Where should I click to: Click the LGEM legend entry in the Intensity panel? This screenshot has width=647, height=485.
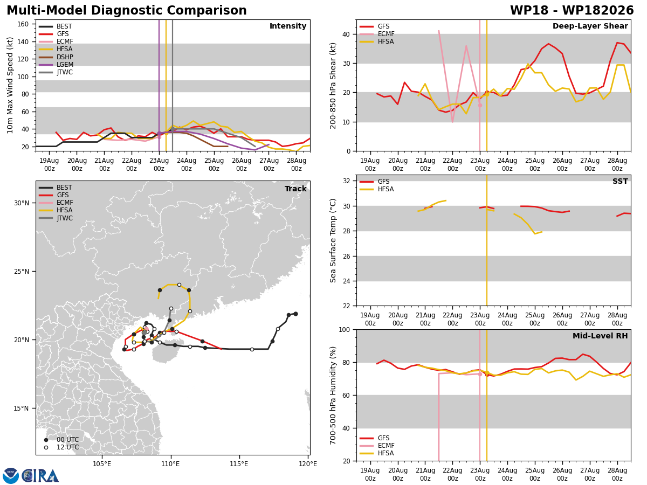coord(56,65)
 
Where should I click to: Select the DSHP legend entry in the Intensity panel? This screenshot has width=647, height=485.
coord(56,57)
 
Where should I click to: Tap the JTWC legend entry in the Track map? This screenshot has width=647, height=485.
coord(56,218)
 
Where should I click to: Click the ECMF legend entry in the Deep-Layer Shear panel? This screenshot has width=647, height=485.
coord(377,34)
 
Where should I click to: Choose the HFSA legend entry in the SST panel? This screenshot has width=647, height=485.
coord(377,189)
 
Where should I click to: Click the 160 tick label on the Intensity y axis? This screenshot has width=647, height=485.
coord(23,24)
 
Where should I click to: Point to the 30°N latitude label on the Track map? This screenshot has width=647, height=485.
coord(22,203)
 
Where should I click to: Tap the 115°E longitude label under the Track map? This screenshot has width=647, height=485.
coord(239,464)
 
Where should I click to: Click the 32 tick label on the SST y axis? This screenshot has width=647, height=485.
coord(347,181)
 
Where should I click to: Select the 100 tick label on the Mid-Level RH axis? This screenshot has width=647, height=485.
coord(345,329)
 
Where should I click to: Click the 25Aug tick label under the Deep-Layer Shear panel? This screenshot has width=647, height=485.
coord(535,164)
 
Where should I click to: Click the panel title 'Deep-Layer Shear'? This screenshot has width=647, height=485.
coord(590,26)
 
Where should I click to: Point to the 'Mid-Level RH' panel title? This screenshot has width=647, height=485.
coord(600,336)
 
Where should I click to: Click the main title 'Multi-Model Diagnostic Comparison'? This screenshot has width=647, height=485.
coord(127,10)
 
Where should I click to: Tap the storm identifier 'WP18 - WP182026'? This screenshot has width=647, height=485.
coord(572,10)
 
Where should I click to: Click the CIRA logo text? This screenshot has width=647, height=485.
coord(40,475)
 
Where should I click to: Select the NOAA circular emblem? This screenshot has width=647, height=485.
coord(11,475)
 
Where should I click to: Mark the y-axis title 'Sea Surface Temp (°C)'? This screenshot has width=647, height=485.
coord(333,240)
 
